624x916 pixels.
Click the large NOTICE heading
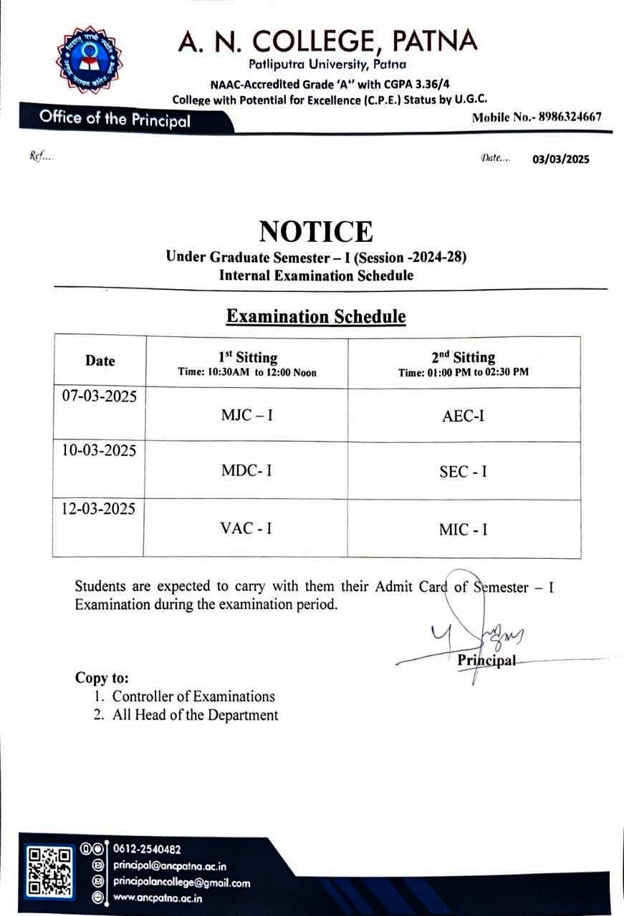316,231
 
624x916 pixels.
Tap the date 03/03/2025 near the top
560,160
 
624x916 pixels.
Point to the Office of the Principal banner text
115,119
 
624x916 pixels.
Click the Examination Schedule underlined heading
316,316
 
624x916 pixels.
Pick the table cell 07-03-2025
99,396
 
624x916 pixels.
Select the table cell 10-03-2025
99,451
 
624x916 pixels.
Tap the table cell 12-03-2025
99,509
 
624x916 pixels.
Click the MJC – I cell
247,415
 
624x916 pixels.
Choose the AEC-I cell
464,415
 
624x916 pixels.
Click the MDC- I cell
247,472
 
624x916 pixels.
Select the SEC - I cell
464,472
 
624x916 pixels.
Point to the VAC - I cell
246,529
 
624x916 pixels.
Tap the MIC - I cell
464,530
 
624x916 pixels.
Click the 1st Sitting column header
247,363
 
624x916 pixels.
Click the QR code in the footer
49,871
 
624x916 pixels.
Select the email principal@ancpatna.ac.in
171,867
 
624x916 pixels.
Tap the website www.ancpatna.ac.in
158,898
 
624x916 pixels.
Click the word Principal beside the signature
486,660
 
